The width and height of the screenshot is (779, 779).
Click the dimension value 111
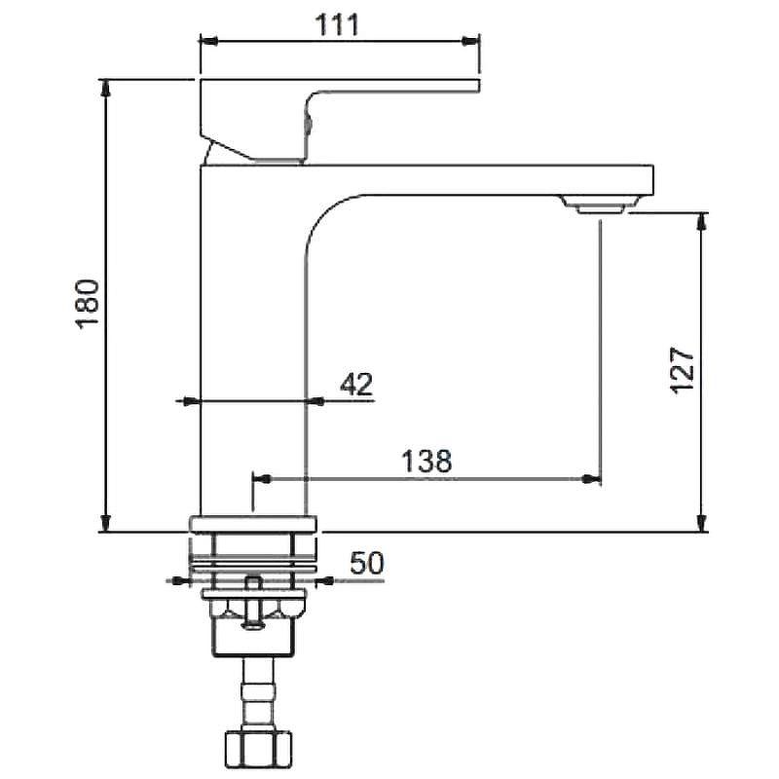pyautogui.click(x=337, y=25)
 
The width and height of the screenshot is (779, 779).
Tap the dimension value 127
pyautogui.click(x=682, y=370)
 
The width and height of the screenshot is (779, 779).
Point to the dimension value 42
pyautogui.click(x=356, y=384)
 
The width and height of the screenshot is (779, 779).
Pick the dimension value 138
pyautogui.click(x=427, y=461)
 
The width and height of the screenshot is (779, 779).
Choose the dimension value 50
pyautogui.click(x=367, y=563)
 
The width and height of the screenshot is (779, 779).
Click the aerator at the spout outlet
pyautogui.click(x=600, y=204)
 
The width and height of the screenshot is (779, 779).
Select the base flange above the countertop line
pyautogui.click(x=252, y=525)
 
